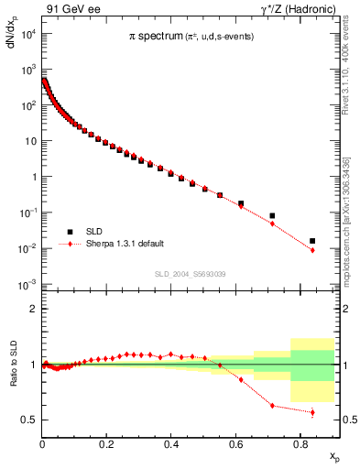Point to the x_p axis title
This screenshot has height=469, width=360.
coord(334,455)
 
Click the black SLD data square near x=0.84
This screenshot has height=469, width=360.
coord(312,241)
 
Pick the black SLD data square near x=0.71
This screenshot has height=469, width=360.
coord(272,216)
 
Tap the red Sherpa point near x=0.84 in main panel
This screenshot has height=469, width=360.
coord(312,250)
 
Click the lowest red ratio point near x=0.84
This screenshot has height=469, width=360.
coord(312,412)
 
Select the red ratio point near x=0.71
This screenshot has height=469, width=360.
coord(272,405)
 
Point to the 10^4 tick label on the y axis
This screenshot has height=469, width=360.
coord(27,35)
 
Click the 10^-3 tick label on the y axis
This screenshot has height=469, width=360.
coord(27,285)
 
